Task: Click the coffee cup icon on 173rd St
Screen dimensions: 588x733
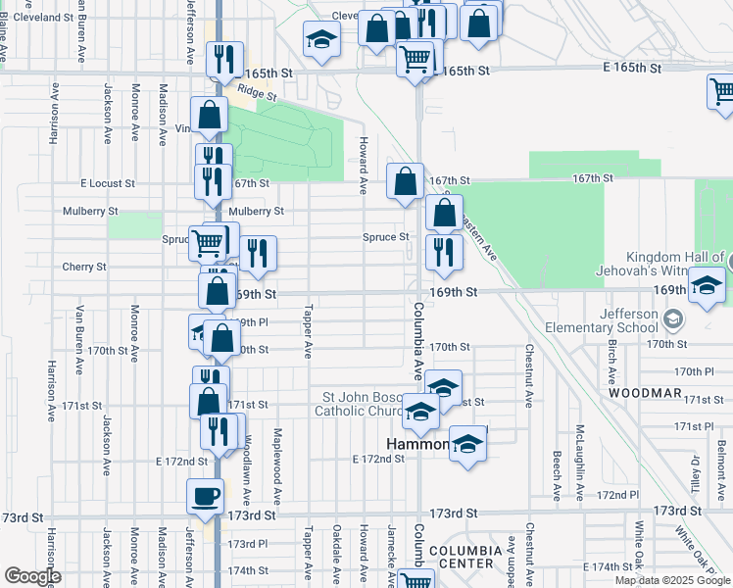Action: click(x=206, y=496)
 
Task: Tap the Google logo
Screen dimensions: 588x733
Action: click(x=32, y=576)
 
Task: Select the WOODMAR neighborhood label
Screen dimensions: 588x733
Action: click(x=644, y=392)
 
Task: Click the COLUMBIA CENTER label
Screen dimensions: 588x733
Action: click(x=465, y=558)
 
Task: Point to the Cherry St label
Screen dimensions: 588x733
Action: click(x=84, y=267)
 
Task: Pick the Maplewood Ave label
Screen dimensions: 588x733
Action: click(x=279, y=454)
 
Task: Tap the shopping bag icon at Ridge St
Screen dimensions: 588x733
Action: click(x=210, y=116)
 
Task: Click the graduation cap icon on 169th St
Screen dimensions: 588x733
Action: click(x=706, y=288)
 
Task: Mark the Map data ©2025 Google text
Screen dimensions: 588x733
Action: click(x=672, y=580)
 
